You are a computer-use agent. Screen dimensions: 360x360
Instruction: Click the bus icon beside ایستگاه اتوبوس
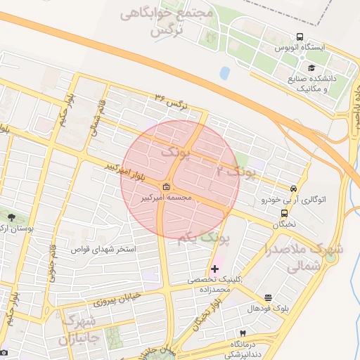click(300, 37)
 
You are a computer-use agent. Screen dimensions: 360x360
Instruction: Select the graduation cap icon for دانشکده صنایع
click(311, 67)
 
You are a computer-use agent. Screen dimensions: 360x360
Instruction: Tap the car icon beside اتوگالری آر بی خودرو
click(292, 188)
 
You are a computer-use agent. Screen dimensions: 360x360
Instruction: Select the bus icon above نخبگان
click(284, 214)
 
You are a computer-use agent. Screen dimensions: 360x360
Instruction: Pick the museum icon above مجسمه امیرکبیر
click(166, 187)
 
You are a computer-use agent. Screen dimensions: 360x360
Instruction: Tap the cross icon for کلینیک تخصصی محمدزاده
click(214, 269)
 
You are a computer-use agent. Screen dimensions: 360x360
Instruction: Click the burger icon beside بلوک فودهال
click(268, 298)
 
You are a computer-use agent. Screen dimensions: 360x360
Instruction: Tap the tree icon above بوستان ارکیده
click(11, 217)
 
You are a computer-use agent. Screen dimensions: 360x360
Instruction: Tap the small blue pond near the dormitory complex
click(224, 72)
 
